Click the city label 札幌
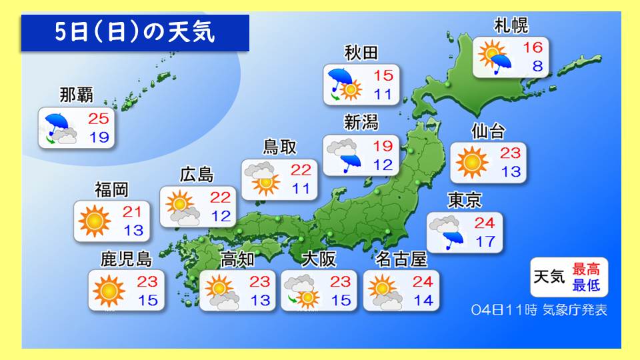coord(511,27)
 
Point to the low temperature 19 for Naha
coord(101,139)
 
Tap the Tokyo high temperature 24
coord(486,223)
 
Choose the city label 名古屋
coord(401,258)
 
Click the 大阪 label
coord(318,258)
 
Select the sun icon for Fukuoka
coord(95,222)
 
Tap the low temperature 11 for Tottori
coord(300,189)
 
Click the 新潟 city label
coord(361,122)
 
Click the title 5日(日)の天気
coord(135,33)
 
